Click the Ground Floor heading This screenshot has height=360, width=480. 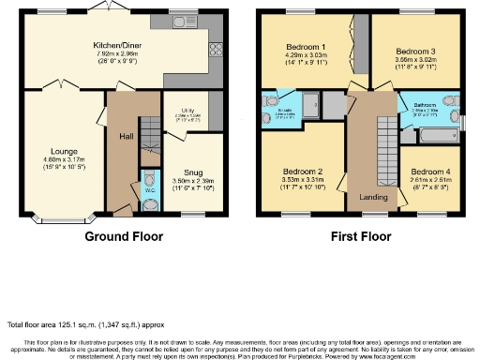click(124, 237)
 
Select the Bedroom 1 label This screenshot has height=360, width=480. click(307, 47)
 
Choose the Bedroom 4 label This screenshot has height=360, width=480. click(429, 172)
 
